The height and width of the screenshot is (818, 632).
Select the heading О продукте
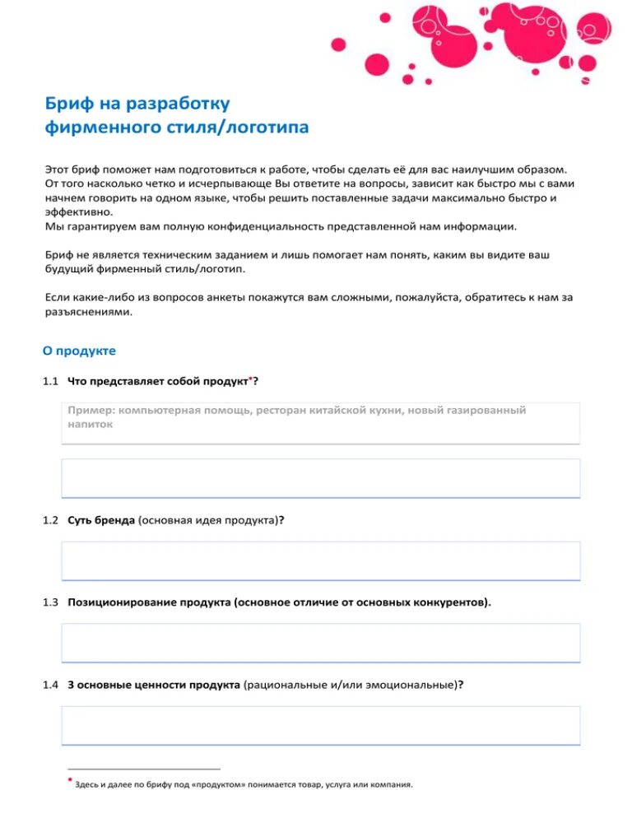tap(79, 351)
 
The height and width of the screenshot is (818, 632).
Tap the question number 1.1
tap(50, 381)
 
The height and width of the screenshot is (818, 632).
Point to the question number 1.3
tap(50, 602)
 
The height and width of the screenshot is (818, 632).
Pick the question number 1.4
tap(50, 684)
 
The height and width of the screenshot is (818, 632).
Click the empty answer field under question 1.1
tap(321, 478)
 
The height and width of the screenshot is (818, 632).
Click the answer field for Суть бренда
tap(321, 560)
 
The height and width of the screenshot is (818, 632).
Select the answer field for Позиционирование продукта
tap(321, 643)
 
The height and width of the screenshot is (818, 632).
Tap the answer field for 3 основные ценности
tap(321, 725)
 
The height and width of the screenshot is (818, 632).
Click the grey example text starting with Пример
tap(296, 416)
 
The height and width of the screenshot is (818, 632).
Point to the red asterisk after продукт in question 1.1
tap(250, 378)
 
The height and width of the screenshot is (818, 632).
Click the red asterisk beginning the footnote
tap(70, 778)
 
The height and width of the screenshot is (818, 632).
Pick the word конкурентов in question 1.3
tap(451, 602)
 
